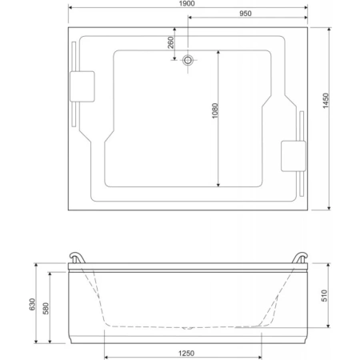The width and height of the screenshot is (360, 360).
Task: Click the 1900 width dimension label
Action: (x=186, y=3)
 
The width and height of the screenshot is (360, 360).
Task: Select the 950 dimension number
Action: (x=245, y=14)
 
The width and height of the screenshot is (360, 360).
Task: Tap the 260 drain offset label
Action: (x=170, y=42)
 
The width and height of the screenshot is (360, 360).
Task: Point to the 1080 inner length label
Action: (x=215, y=110)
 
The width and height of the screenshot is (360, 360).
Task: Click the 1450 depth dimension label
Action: (x=326, y=101)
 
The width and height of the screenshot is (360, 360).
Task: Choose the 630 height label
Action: (x=32, y=304)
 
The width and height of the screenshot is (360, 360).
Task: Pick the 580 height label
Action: (x=46, y=309)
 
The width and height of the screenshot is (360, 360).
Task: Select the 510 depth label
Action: (x=324, y=295)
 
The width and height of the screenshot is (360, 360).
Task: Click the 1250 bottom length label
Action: (x=186, y=354)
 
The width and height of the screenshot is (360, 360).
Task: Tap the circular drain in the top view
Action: (x=188, y=60)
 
